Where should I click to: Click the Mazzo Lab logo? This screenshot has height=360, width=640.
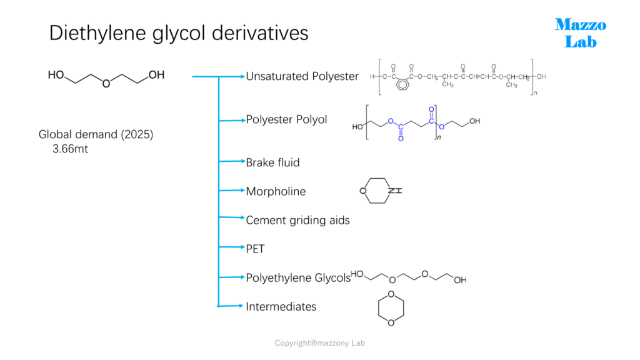[x=581, y=33]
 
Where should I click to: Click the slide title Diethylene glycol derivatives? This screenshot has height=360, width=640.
[x=179, y=33]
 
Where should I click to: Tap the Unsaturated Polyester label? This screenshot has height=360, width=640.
[x=302, y=76]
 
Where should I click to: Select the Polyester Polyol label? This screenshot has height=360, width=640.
[x=286, y=119]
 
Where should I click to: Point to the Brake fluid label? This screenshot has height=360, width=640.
[x=272, y=162]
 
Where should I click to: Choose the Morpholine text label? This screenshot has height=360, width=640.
[x=276, y=191]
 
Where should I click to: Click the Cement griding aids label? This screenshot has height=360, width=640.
[x=297, y=221]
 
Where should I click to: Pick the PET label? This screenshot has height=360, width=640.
[x=255, y=249]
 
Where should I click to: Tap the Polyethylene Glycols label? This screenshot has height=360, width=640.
[x=298, y=278]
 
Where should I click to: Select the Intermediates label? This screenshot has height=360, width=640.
[x=281, y=306]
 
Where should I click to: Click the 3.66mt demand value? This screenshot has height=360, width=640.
[x=70, y=149]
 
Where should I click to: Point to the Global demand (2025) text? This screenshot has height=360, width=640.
[x=96, y=135]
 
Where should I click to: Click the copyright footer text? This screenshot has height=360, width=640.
[x=319, y=343]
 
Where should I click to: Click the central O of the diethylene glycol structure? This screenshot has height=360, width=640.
[x=106, y=84]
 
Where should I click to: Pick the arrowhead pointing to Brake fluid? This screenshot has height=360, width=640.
[x=242, y=161]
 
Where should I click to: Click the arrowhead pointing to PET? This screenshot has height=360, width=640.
[x=242, y=247]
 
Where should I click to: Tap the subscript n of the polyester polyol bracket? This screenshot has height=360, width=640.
[x=439, y=137]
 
